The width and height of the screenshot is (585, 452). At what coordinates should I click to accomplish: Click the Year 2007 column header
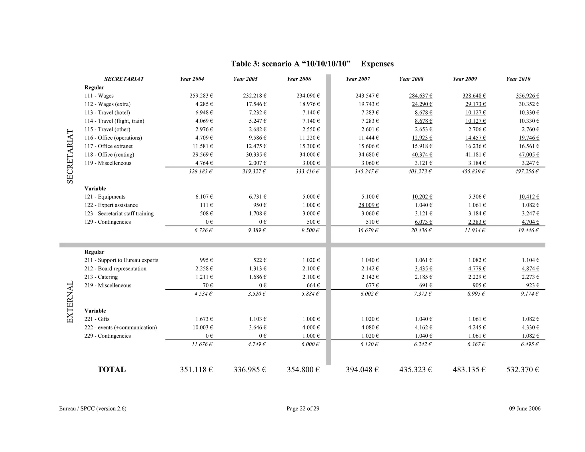(358, 79)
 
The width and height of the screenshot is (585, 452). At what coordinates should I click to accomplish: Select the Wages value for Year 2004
(201, 96)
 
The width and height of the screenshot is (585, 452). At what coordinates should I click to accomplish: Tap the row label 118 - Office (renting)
(109, 155)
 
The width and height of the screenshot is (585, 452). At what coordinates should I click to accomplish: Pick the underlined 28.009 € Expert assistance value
(368, 205)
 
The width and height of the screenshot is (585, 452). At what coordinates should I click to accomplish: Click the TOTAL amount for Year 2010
(522, 370)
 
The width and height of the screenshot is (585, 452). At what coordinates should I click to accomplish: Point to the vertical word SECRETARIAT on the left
(70, 156)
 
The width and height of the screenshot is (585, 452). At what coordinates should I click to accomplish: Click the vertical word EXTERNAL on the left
(70, 302)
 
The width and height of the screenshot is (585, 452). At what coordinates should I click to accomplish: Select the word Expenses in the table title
(377, 64)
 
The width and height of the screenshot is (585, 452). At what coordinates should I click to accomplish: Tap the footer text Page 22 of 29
(303, 409)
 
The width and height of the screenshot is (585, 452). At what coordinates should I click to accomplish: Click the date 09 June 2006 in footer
(524, 409)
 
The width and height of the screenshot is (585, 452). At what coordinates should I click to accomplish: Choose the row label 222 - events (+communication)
(120, 327)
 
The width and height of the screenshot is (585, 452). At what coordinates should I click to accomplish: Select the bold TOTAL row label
(111, 369)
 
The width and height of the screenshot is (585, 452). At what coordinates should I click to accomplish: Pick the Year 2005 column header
(245, 79)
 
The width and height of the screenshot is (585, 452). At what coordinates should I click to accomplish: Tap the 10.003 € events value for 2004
(203, 327)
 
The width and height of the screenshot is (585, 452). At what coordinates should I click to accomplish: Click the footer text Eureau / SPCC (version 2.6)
(93, 409)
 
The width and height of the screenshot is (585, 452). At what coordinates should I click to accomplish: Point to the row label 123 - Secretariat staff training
(119, 213)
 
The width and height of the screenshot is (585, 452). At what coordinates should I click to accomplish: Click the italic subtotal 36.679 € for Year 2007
(368, 230)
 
